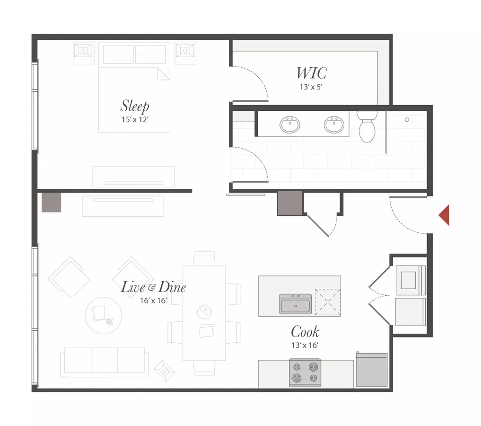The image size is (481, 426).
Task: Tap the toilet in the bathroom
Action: [367, 126]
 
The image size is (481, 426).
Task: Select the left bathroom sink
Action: [289, 124]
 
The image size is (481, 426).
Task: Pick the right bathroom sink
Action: [334, 124]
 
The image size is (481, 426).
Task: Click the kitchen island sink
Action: [296, 304]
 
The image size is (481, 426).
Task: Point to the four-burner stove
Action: [305, 373]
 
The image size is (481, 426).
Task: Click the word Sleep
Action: [135, 106]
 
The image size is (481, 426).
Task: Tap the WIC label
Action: [312, 73]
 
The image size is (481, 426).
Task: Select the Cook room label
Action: [305, 332]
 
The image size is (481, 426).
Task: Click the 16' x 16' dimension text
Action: [153, 301]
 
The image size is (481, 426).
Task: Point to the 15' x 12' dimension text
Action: [135, 119]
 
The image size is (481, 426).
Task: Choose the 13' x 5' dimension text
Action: [311, 87]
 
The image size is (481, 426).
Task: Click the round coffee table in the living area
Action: [104, 315]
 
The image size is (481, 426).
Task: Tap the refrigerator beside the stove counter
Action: [371, 370]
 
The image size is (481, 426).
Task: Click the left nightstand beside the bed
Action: [83, 53]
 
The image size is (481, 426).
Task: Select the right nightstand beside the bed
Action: [185, 53]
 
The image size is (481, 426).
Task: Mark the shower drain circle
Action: [407, 119]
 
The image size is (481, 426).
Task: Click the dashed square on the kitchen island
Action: [328, 302]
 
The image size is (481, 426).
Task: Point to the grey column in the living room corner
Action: [51, 202]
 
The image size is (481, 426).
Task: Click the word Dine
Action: [172, 287]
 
